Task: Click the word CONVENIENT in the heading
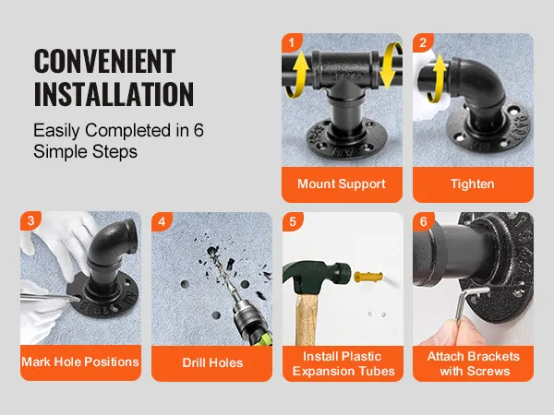(104, 61)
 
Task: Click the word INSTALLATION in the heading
(114, 94)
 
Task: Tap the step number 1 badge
(292, 42)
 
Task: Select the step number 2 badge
(423, 42)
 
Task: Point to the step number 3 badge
(30, 220)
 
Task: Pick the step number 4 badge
(162, 221)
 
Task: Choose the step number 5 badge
(293, 221)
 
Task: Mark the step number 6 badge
(424, 221)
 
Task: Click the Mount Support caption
(342, 184)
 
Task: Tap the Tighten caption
(473, 184)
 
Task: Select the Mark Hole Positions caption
(80, 362)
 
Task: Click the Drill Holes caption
(212, 362)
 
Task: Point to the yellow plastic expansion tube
(368, 277)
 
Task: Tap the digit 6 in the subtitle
(199, 130)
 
